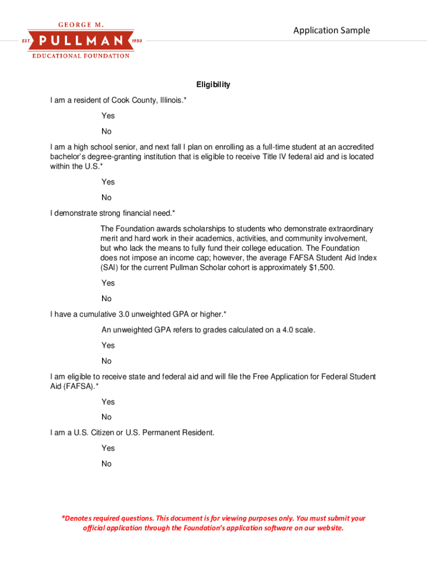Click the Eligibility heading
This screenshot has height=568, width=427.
(213, 85)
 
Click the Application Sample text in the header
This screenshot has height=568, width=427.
(331, 31)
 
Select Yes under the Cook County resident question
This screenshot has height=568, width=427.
(108, 116)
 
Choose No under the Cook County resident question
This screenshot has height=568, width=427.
(106, 131)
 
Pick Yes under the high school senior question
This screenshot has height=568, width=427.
(108, 182)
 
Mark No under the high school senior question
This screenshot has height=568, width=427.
(106, 197)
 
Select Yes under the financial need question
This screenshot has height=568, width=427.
(108, 283)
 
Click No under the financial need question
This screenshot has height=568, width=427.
(106, 298)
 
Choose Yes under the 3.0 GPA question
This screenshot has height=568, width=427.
(108, 345)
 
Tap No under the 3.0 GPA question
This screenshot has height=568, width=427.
(106, 361)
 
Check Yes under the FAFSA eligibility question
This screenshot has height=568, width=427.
(108, 402)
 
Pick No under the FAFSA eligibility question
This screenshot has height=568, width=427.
(106, 417)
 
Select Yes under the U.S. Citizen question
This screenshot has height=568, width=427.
(108, 448)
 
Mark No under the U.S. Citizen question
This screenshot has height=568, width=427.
(106, 464)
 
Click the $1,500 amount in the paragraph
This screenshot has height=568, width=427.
(321, 267)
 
